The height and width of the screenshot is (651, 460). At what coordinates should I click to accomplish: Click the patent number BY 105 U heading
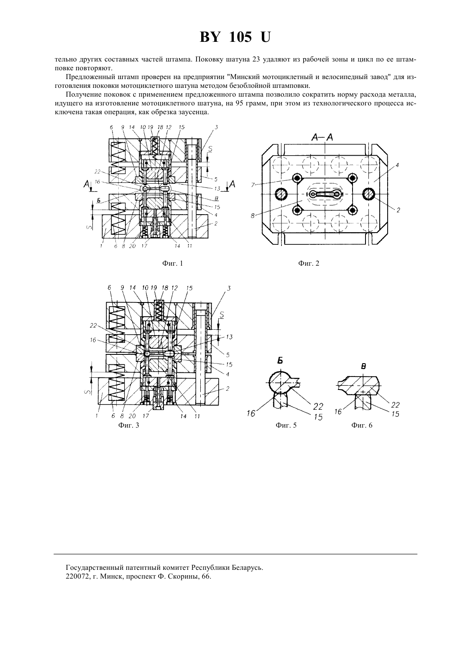pos(235,37)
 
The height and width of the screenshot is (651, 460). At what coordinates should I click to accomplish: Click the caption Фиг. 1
pos(172,263)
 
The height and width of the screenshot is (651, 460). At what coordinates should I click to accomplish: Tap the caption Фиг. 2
pos(309,263)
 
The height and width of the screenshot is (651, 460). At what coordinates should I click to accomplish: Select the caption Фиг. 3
pos(129,425)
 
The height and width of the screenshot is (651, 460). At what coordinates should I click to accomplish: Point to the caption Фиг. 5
pos(286,425)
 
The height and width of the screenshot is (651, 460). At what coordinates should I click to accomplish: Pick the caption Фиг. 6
pos(362,425)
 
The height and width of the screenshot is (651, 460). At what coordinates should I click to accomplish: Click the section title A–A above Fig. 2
pos(322,138)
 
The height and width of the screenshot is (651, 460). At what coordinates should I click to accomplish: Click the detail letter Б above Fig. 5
pos(280,361)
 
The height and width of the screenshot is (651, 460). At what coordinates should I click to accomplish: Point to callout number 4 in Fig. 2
pos(397,165)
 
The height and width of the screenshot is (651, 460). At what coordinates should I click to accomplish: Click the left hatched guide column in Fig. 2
pos(281,194)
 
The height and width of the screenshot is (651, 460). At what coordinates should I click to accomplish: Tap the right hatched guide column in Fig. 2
pos(369,194)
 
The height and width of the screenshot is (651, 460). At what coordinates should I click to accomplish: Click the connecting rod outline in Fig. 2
pos(325,194)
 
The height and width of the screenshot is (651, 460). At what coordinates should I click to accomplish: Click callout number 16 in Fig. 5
pos(251,413)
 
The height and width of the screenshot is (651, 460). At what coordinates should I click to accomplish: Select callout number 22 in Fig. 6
pos(395,405)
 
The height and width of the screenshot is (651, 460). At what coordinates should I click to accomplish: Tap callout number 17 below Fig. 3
pos(146,416)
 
